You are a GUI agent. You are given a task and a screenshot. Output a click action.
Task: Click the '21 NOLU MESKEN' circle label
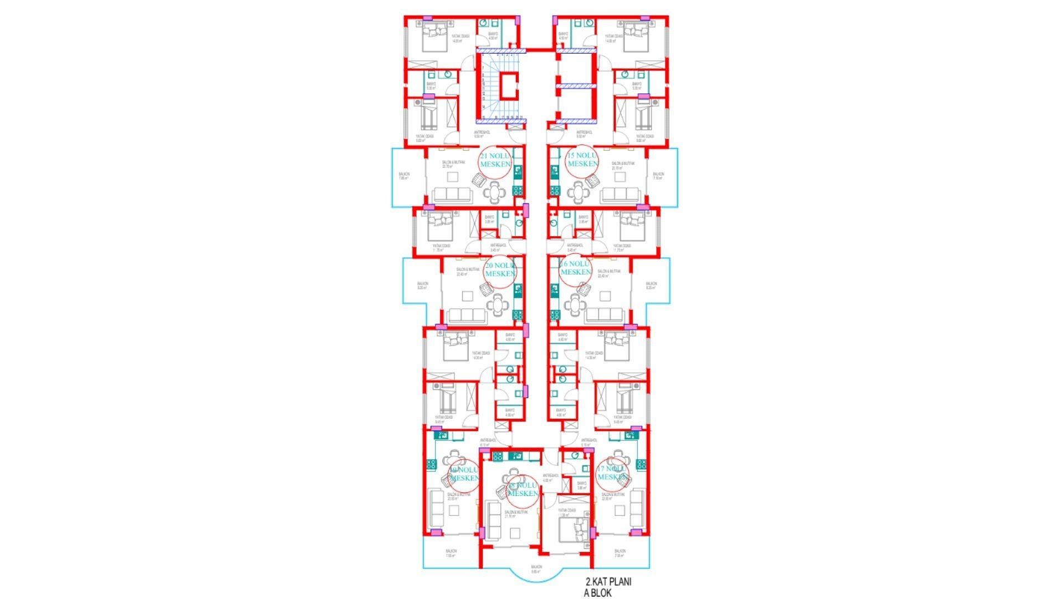coord(495,161)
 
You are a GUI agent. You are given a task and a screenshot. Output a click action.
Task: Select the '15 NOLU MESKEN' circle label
coord(582,161)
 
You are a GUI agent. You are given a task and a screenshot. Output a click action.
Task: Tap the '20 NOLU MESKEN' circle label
coord(500,271)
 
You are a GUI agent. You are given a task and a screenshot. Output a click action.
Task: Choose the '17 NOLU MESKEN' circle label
coord(612,474)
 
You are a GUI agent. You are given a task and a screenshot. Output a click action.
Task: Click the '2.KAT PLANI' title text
coord(608,582)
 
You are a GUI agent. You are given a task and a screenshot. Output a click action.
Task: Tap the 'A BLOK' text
coord(597,593)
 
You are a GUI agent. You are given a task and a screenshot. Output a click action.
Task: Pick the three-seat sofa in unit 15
coord(622,195)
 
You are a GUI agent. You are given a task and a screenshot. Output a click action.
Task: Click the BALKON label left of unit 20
coord(422,286)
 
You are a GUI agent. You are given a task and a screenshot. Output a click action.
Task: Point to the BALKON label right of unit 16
coord(651,286)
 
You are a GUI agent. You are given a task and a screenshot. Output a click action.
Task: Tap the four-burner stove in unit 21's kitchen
coord(518,190)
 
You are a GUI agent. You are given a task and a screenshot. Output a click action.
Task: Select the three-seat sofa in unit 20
coord(466,316)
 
